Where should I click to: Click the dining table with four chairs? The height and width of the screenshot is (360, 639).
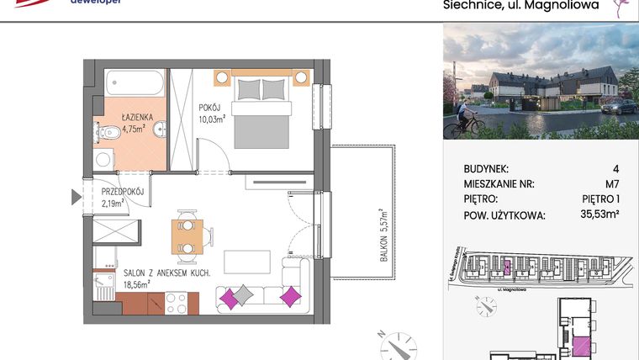pos(187,236)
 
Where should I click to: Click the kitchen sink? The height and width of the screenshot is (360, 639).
pos(105,282)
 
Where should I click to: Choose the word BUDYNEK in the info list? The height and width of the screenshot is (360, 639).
pos(486,168)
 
